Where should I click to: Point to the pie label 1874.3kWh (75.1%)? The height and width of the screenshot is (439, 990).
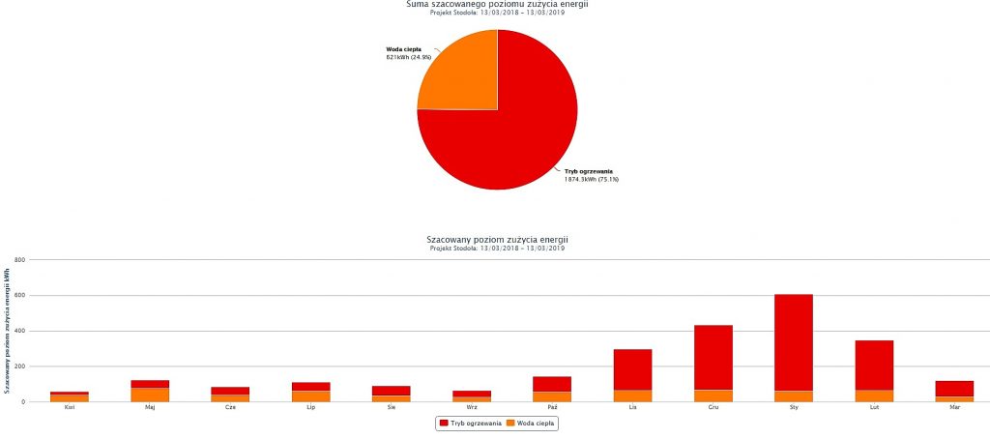(x=592, y=179)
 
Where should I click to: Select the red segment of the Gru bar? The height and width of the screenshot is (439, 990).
(x=713, y=357)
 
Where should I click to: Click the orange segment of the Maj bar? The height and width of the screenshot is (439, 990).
(x=150, y=395)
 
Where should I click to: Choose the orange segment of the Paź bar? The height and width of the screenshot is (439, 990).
(x=552, y=396)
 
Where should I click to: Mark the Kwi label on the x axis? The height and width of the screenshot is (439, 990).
(x=70, y=408)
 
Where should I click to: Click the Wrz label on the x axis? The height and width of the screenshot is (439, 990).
(x=472, y=408)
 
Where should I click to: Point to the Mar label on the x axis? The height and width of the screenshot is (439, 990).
(x=954, y=408)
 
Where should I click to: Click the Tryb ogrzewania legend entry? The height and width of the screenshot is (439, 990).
(x=470, y=424)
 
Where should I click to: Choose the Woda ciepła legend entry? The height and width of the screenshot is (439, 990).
(x=532, y=424)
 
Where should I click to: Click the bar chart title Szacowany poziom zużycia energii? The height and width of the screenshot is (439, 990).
(x=497, y=239)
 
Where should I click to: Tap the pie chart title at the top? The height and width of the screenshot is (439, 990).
(x=497, y=4)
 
